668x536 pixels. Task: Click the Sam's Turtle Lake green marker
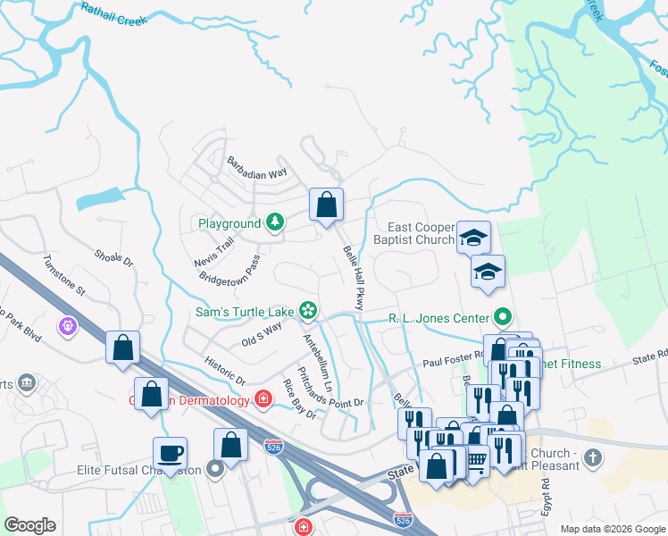(x=308, y=311)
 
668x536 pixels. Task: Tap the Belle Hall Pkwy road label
(x=353, y=278)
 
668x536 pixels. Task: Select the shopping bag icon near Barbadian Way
(x=327, y=205)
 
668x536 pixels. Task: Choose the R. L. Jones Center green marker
(x=504, y=317)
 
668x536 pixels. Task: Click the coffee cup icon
(x=170, y=453)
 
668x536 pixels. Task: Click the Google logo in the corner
(x=30, y=525)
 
